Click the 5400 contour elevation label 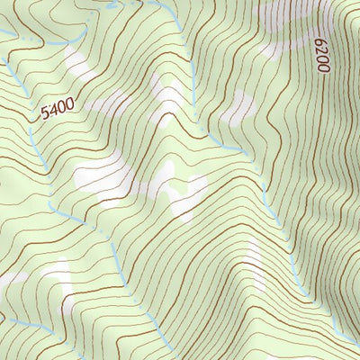(x=57, y=111)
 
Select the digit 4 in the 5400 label (x=52, y=112)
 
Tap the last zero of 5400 (x=68, y=105)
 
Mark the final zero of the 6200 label (x=323, y=41)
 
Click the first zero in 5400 (x=60, y=109)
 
